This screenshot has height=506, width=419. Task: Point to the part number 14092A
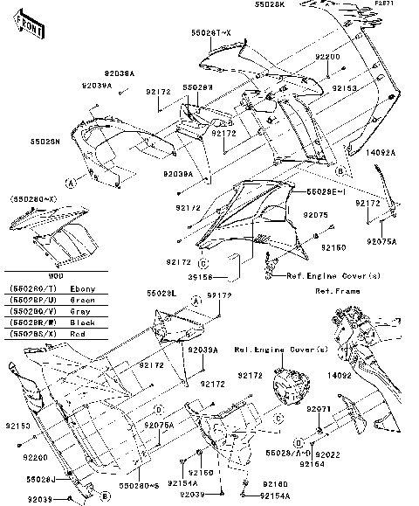coord(381,152)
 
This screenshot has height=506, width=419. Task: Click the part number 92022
coord(327,454)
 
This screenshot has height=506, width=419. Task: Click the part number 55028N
coord(45,140)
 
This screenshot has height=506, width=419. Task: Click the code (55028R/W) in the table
coord(31,322)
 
